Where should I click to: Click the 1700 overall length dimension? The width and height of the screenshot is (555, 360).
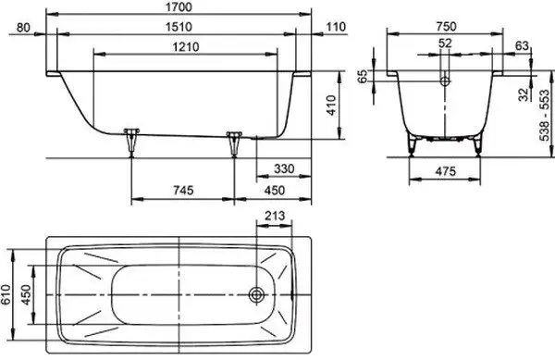[x=179, y=6]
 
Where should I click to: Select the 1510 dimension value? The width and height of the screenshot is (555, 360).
[x=179, y=27]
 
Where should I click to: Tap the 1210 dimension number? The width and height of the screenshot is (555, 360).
[x=186, y=46]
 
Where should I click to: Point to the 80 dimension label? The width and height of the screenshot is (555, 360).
[x=23, y=27]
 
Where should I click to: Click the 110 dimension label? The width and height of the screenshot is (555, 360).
[x=335, y=27]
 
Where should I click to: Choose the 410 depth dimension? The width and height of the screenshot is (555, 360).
[x=331, y=106]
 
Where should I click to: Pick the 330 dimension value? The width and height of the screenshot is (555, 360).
[x=284, y=168]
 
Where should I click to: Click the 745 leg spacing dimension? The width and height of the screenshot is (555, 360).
[x=183, y=191]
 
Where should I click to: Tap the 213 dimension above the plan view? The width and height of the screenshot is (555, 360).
[x=275, y=216]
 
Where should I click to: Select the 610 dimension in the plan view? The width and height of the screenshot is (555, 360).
[x=6, y=294]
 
